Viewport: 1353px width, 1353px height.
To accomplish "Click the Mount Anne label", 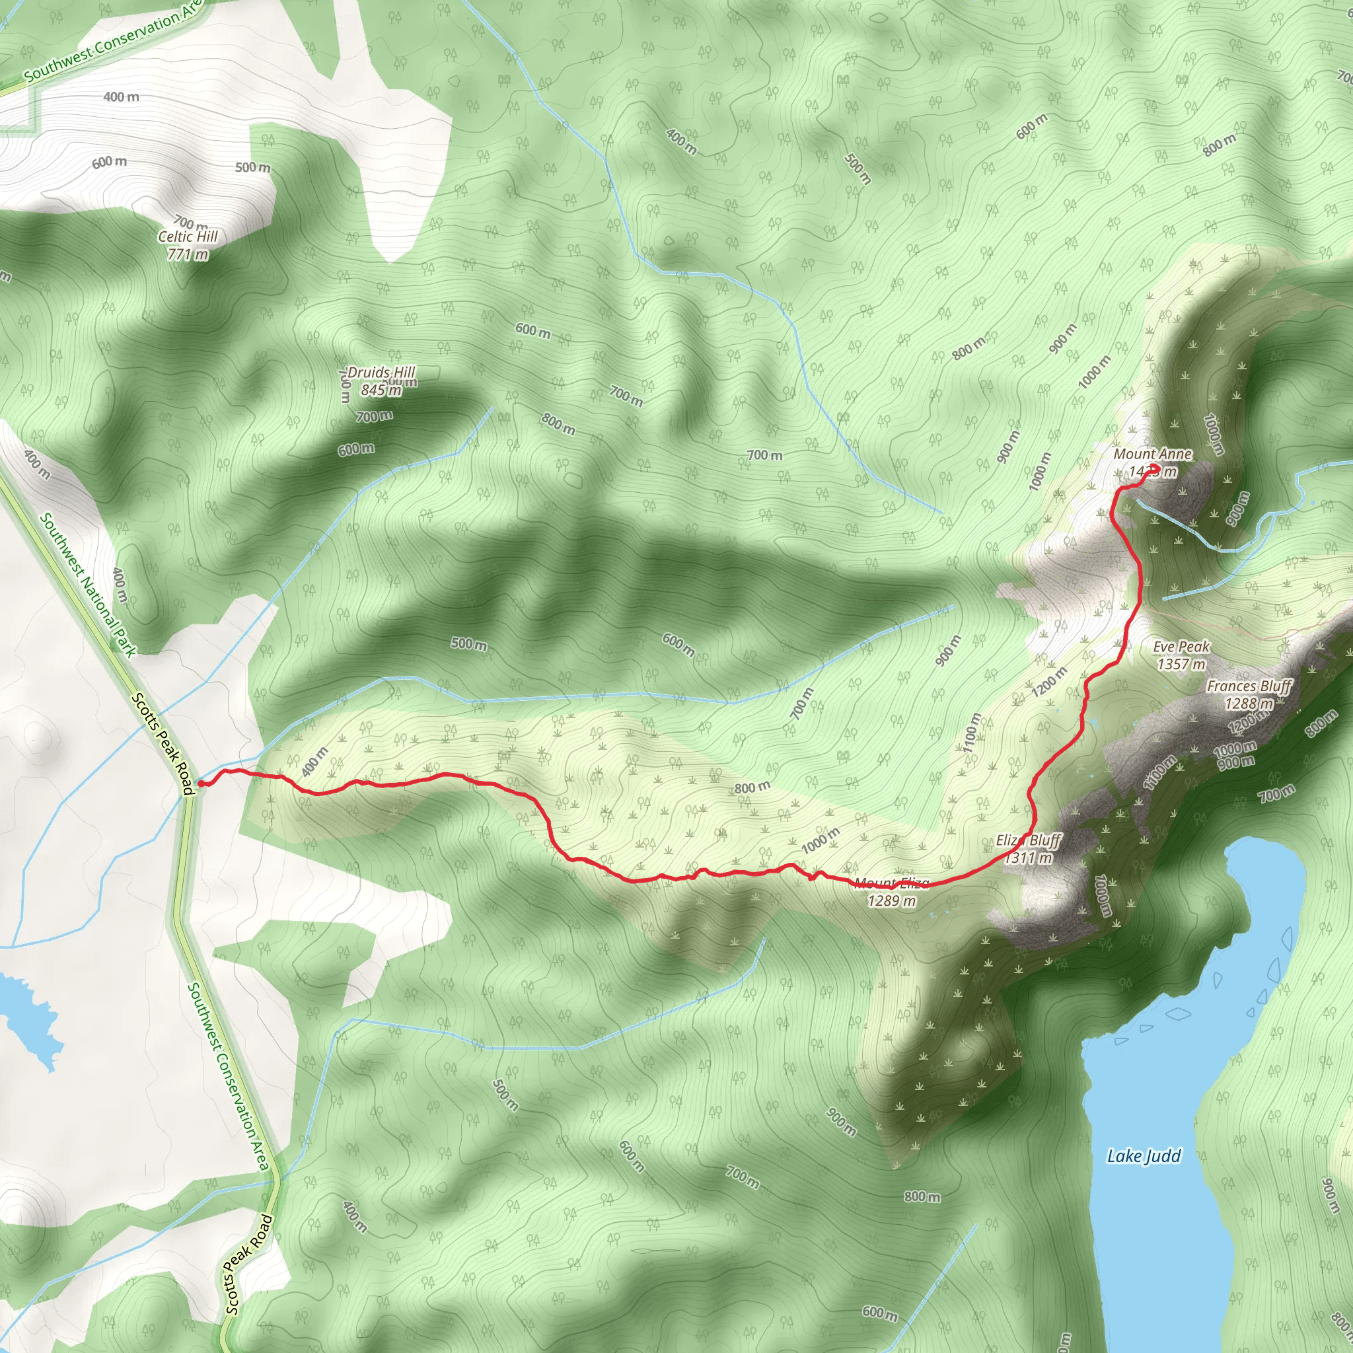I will click(x=1152, y=454).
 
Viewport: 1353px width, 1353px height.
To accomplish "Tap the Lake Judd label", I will click(x=1144, y=1155).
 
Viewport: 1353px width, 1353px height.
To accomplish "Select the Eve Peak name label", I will click(x=1181, y=646).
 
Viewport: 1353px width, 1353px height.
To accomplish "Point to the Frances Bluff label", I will click(x=1249, y=686).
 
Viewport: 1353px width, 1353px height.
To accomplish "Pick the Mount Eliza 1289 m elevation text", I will click(x=891, y=901).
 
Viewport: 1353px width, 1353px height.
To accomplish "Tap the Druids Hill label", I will click(x=382, y=373).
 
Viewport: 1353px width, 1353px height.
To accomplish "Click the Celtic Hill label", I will click(x=188, y=237).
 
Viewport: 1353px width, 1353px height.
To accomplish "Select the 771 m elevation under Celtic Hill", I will click(x=188, y=254).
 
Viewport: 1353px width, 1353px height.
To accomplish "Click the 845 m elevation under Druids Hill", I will click(x=381, y=390).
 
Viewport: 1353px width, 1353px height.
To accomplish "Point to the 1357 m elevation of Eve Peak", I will click(x=1181, y=664).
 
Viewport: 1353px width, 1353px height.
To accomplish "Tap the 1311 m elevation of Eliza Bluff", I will click(x=1029, y=857).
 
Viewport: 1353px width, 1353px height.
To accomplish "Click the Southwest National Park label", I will click(x=88, y=585).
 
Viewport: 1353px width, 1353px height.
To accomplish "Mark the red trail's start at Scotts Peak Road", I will click(x=201, y=783).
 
